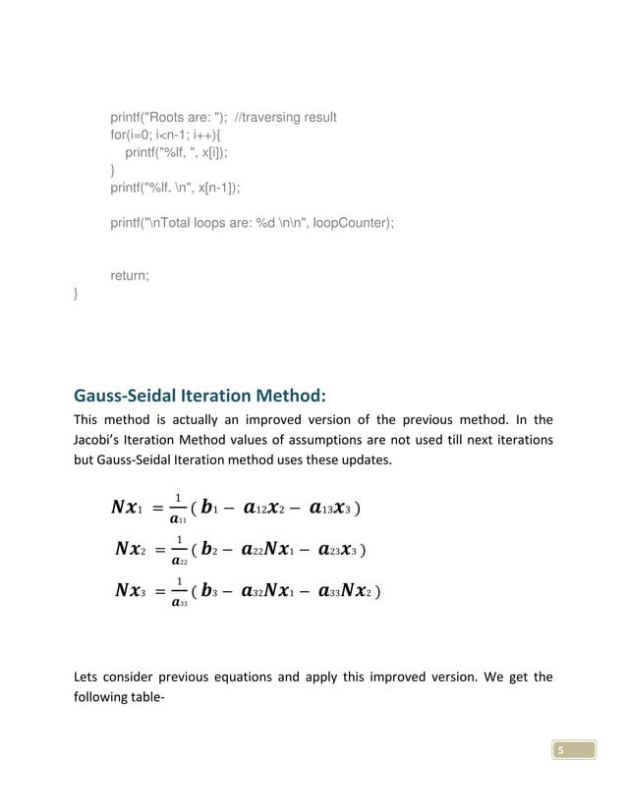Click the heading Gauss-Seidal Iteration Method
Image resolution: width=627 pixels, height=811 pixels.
click(199, 397)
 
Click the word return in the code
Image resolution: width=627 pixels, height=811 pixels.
click(130, 276)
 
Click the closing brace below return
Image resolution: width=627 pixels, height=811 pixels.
click(77, 294)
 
